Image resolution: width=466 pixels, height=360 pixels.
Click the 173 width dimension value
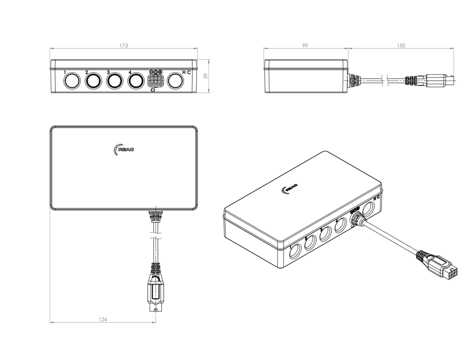(124, 46)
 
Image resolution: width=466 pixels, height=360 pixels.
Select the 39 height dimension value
(206, 76)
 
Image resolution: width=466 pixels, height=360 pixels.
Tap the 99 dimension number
(305, 46)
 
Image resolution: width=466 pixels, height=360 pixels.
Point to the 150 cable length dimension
(400, 46)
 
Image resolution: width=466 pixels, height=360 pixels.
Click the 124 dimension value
(103, 320)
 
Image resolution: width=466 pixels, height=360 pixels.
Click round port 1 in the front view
(71, 81)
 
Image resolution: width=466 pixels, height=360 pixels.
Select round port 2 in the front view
(93, 81)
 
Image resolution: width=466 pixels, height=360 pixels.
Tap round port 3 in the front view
(115, 81)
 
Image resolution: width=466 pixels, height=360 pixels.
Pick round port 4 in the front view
(136, 81)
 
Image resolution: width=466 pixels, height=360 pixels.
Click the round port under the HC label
(176, 81)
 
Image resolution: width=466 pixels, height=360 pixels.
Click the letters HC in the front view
(186, 72)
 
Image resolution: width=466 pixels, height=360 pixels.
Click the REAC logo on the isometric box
(289, 188)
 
